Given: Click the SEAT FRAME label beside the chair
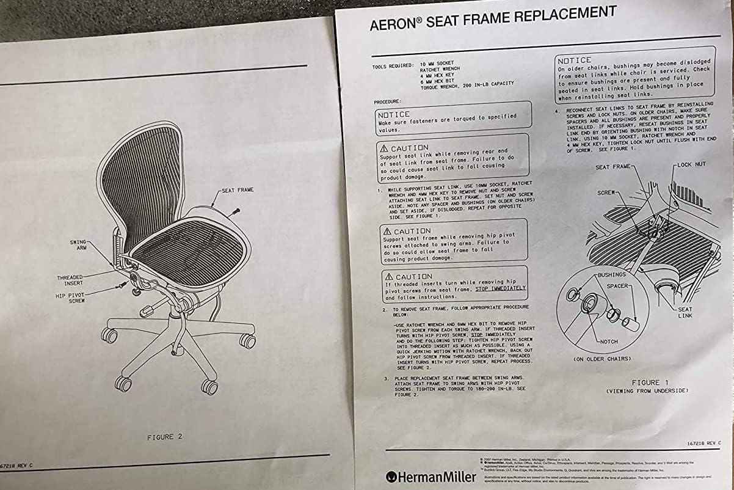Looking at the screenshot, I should pos(238,190).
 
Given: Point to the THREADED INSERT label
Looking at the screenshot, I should pos(70,280).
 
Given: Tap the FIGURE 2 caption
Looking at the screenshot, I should pos(164,437).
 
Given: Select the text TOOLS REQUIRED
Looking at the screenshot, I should pos(391,65).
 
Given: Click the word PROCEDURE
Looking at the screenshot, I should pos(388,101).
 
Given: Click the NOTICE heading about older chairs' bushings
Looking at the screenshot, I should pos(574,60).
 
